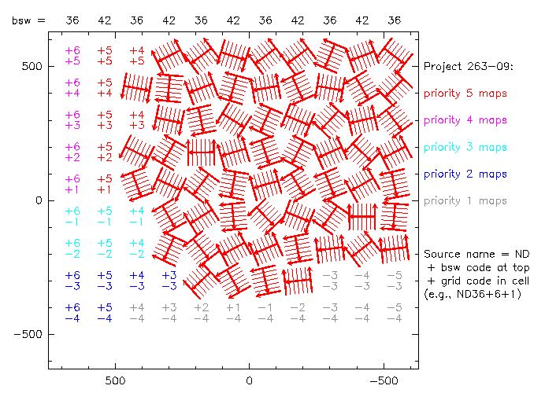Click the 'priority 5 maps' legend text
pos(465,94)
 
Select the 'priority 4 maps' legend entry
pos(465,120)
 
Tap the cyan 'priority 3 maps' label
pos(465,147)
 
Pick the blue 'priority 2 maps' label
pos(465,174)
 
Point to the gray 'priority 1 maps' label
pos(465,200)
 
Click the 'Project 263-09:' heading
pos(469,66)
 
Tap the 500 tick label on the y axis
pos(32,66)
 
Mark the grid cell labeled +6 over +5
pos(72,56)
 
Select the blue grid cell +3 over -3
pos(169,281)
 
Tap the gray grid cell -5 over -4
pos(395,313)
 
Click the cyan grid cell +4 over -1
pos(136,216)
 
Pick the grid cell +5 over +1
pos(105,184)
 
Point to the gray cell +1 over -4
pos(233,313)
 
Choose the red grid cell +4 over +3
pos(136,120)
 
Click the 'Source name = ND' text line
pos(476,255)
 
